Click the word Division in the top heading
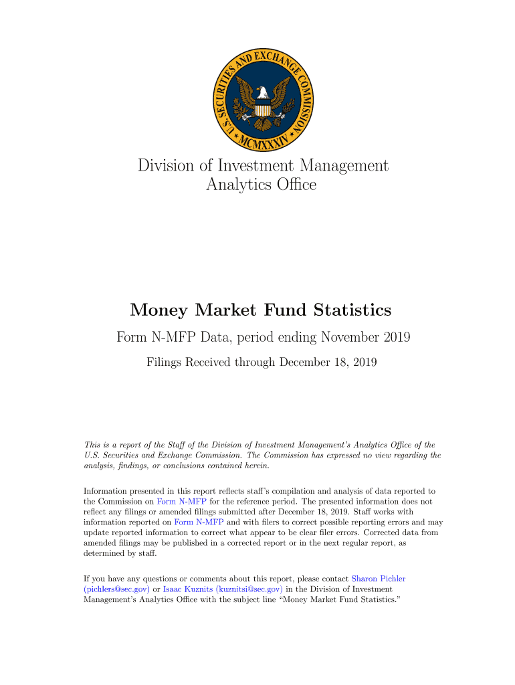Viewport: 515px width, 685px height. tap(166, 165)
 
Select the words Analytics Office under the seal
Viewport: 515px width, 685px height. tap(261, 184)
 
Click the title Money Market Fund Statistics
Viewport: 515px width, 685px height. tap(261, 310)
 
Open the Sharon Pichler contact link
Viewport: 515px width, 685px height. tap(378, 578)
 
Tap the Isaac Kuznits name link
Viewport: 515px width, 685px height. tap(184, 589)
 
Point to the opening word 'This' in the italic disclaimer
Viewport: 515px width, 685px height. tap(91, 444)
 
